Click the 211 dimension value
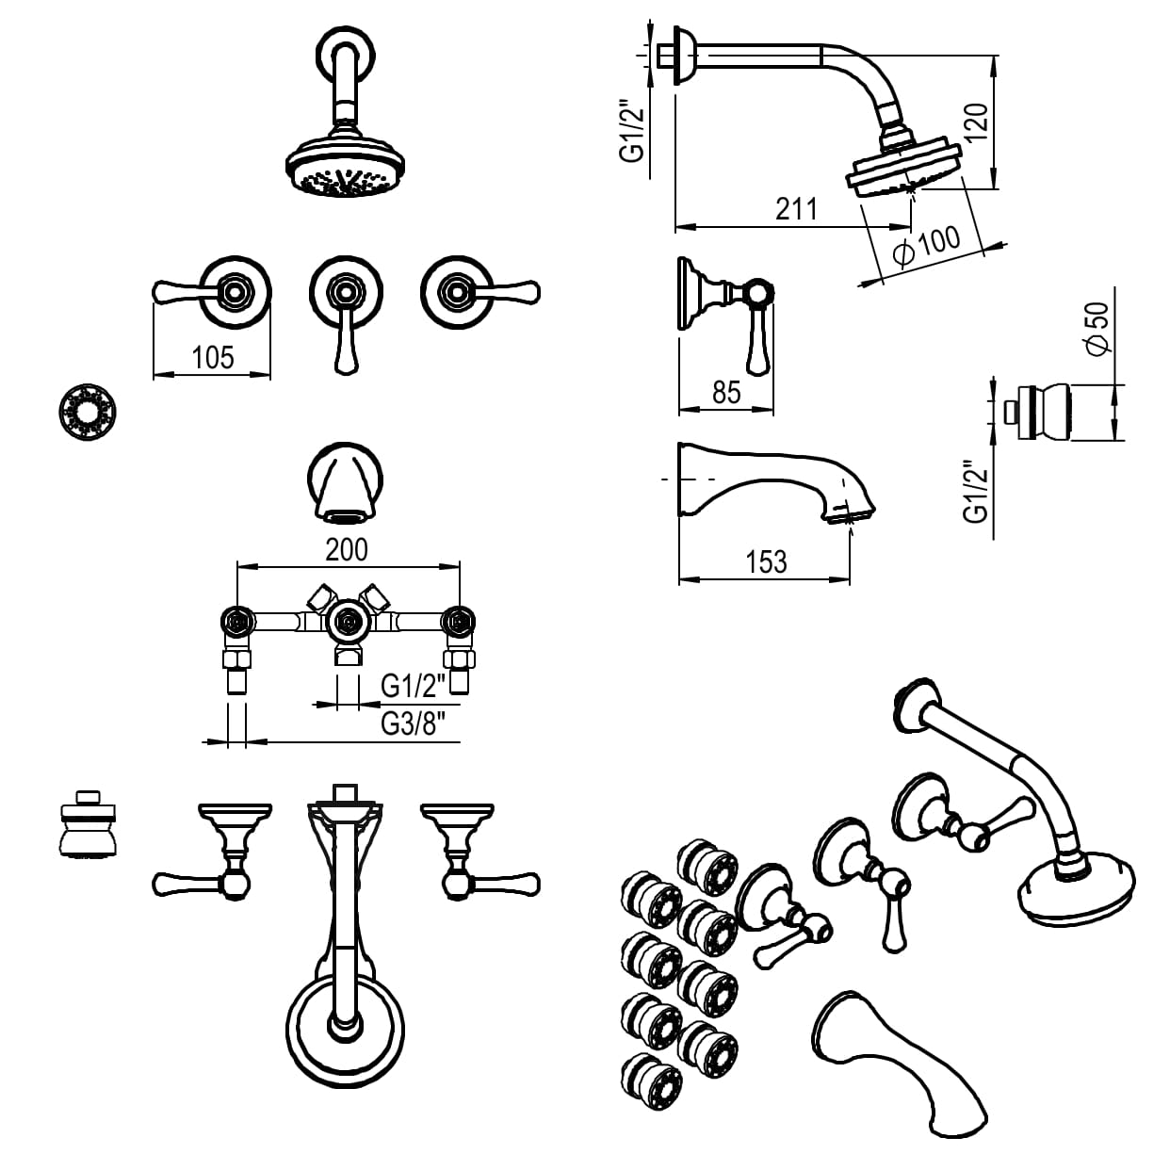click(x=796, y=208)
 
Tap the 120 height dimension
click(x=977, y=122)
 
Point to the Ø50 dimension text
click(x=1097, y=328)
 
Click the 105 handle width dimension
click(x=212, y=357)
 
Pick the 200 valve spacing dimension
click(x=347, y=549)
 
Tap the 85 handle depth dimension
click(x=726, y=392)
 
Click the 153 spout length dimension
click(x=765, y=562)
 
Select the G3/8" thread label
click(x=413, y=723)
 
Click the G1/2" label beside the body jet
click(x=977, y=491)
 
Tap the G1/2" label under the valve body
click(x=413, y=686)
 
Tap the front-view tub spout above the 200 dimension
click(x=346, y=483)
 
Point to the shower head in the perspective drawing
click(x=1074, y=890)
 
